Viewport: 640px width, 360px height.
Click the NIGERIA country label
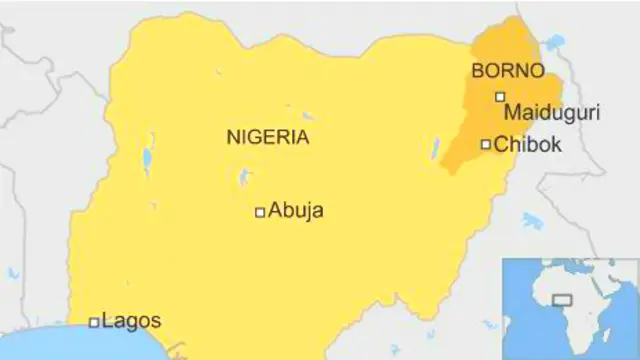click(268, 138)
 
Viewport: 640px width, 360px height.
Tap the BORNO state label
click(508, 72)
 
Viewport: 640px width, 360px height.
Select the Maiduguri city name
click(551, 113)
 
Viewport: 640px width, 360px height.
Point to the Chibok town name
click(528, 145)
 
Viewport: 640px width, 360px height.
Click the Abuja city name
click(296, 211)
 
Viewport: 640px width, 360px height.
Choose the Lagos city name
click(131, 322)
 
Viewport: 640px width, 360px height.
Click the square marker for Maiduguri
click(500, 96)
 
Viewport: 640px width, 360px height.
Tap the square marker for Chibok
click(486, 144)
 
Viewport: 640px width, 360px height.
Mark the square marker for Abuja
click(260, 211)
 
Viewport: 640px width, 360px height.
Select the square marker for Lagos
click(94, 322)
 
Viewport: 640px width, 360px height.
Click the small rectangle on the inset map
click(563, 298)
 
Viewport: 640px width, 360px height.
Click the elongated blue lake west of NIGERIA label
click(148, 158)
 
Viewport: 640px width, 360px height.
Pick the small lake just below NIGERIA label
click(242, 179)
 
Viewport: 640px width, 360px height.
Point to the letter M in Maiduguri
click(511, 113)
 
